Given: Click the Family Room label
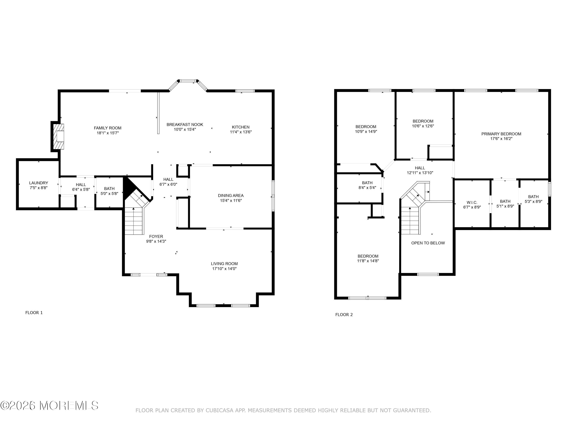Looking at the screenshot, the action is point(108,128).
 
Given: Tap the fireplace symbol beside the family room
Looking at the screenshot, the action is point(58,137).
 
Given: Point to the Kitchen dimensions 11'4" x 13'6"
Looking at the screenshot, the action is point(241,132).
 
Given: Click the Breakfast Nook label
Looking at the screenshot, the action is point(185,124).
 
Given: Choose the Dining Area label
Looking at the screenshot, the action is point(231,195).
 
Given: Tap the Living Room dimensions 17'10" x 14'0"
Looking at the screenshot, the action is point(224,268).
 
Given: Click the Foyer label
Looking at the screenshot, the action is point(156,236).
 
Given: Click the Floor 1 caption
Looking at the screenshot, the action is point(34,313).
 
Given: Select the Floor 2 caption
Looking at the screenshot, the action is point(344,314).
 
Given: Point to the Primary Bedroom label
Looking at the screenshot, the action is point(501,134).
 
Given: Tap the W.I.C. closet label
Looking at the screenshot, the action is point(472,202).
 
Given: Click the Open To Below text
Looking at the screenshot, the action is point(428,243).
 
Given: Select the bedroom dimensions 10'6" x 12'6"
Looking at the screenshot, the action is point(423,126).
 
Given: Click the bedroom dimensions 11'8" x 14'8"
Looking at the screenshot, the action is point(368,261).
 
